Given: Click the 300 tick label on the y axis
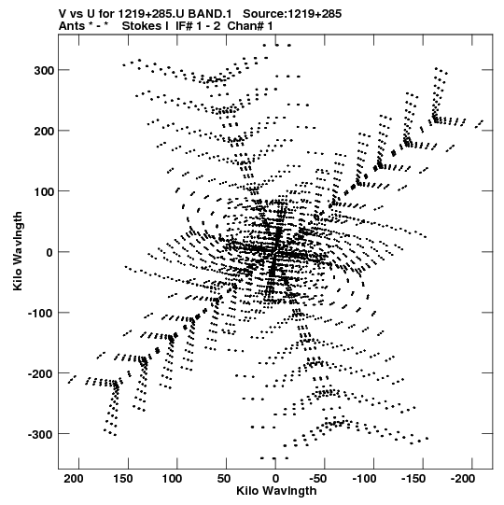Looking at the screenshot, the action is pyautogui.click(x=45, y=71).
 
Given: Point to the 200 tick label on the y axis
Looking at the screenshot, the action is pyautogui.click(x=45, y=132).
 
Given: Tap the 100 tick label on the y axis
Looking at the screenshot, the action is pyautogui.click(x=45, y=192).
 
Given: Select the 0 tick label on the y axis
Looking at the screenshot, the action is pyautogui.click(x=49, y=253).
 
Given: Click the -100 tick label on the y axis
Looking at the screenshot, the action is pyautogui.click(x=41, y=314).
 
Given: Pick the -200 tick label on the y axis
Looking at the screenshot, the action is pyautogui.click(x=41, y=374).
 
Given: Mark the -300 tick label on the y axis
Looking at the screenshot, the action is pyautogui.click(x=41, y=435).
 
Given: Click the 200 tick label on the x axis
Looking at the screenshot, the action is pyautogui.click(x=74, y=479).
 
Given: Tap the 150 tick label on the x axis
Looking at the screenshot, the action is pyautogui.click(x=123, y=479).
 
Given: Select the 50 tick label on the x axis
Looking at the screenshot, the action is pyautogui.click(x=224, y=479).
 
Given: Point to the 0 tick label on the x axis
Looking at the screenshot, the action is pyautogui.click(x=275, y=479).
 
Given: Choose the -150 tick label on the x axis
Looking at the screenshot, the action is pyautogui.click(x=414, y=479).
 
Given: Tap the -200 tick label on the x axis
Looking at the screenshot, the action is pyautogui.click(x=462, y=479).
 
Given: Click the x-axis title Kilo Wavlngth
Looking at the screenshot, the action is pyautogui.click(x=276, y=491).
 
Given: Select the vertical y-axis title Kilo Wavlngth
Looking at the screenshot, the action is pyautogui.click(x=18, y=251).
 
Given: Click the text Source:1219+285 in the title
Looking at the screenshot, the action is pyautogui.click(x=292, y=14).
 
